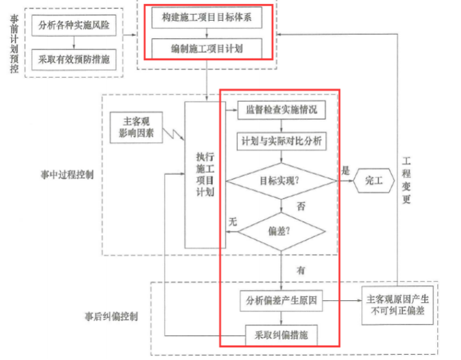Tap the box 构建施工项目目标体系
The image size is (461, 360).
[x=207, y=18]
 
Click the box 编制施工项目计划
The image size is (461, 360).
[x=207, y=48]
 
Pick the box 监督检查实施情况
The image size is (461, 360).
[x=281, y=109]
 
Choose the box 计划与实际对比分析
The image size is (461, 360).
[x=281, y=141]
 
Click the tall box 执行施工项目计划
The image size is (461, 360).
[x=204, y=174]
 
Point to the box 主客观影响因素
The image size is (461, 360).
[x=136, y=127]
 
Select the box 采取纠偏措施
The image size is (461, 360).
[x=282, y=335]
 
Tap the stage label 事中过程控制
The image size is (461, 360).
[x=66, y=175]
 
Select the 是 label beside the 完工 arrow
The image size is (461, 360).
[x=345, y=171]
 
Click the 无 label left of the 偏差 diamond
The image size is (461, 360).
[x=233, y=222]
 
